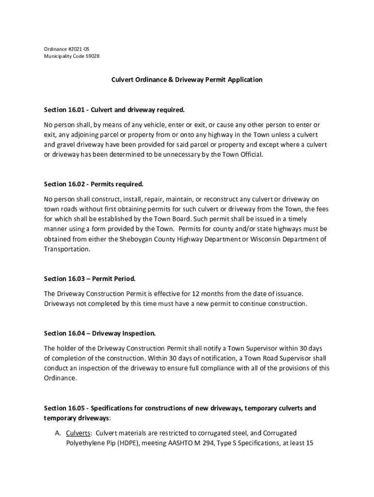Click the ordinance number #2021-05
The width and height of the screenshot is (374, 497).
[x=79, y=49]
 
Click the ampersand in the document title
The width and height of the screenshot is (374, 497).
[x=171, y=79]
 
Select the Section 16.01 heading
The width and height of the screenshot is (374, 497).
[x=114, y=110]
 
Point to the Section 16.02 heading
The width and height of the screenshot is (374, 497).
[x=94, y=184]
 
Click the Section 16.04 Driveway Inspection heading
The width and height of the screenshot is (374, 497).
[x=100, y=333]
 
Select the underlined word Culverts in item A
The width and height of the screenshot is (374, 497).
[x=79, y=433]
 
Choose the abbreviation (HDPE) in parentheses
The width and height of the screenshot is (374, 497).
[x=126, y=443]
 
